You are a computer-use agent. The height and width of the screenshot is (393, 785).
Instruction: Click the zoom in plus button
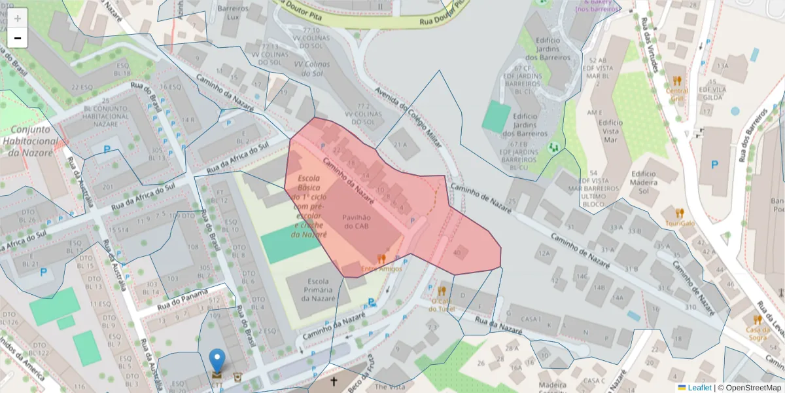click(18, 18)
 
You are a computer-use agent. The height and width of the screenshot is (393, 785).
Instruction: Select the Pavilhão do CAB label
click(356, 221)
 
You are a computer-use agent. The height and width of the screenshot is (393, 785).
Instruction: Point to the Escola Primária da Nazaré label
click(318, 289)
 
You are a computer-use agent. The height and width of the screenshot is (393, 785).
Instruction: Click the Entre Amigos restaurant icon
click(381, 259)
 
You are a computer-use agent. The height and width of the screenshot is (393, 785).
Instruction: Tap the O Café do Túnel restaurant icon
click(442, 291)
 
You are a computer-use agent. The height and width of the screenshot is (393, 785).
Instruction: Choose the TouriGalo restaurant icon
click(680, 213)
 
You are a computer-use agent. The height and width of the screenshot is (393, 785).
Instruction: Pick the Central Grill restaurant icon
click(677, 81)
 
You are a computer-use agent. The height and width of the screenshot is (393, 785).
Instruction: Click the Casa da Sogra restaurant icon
click(758, 320)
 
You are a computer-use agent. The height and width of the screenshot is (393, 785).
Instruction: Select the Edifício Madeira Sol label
click(644, 182)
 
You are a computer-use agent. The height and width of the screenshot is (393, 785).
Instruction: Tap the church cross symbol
click(334, 381)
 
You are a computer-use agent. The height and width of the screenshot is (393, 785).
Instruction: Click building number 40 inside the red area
click(457, 253)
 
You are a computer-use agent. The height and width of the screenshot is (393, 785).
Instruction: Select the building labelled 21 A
click(400, 145)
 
